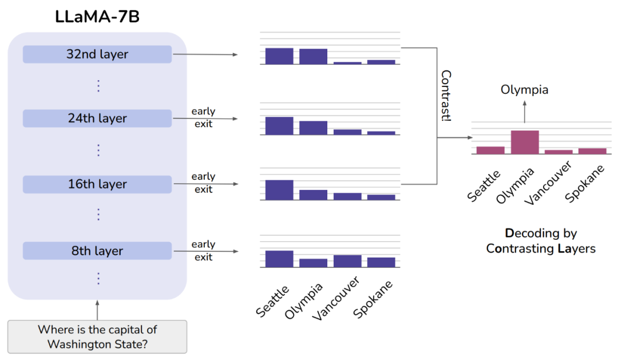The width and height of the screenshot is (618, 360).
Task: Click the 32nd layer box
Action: click(x=97, y=54)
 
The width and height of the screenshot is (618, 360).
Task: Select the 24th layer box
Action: click(x=97, y=118)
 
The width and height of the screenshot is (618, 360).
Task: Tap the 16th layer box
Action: click(x=97, y=184)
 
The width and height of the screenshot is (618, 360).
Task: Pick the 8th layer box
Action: click(x=97, y=251)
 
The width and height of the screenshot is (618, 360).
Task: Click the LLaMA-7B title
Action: click(x=97, y=17)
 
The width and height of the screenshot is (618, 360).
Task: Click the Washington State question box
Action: click(x=97, y=337)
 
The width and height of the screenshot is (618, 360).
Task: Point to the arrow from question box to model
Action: click(x=97, y=310)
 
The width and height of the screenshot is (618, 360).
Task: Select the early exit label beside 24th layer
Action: click(x=203, y=117)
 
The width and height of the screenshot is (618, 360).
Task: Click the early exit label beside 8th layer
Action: click(x=203, y=250)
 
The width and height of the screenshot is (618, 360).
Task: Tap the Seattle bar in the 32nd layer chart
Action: click(x=279, y=56)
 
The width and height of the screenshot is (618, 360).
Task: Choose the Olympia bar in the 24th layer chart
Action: click(x=313, y=128)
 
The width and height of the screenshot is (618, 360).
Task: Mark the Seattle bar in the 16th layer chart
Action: click(x=279, y=190)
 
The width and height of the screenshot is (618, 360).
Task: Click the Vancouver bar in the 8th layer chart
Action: click(x=347, y=261)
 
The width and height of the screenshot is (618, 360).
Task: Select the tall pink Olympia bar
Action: click(x=525, y=142)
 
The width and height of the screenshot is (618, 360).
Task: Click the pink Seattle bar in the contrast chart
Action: click(x=490, y=150)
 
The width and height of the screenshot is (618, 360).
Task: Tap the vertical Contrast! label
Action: click(x=446, y=96)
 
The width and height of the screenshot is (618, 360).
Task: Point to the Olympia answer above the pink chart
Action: click(x=524, y=90)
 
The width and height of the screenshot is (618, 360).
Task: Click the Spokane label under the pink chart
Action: click(x=584, y=184)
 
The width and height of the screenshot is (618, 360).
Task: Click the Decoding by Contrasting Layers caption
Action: click(x=541, y=240)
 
